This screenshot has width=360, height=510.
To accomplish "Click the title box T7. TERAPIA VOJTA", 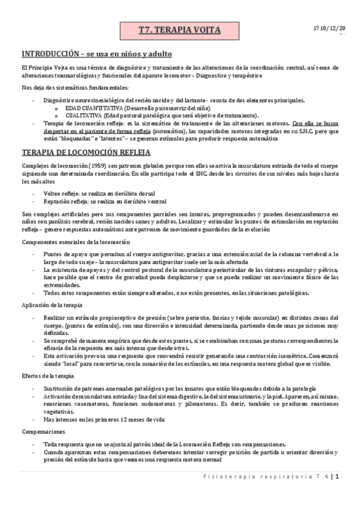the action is (179, 29).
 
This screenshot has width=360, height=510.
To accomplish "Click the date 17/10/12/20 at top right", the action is (329, 28).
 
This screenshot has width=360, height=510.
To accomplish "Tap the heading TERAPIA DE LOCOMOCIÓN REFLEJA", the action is (81, 152).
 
